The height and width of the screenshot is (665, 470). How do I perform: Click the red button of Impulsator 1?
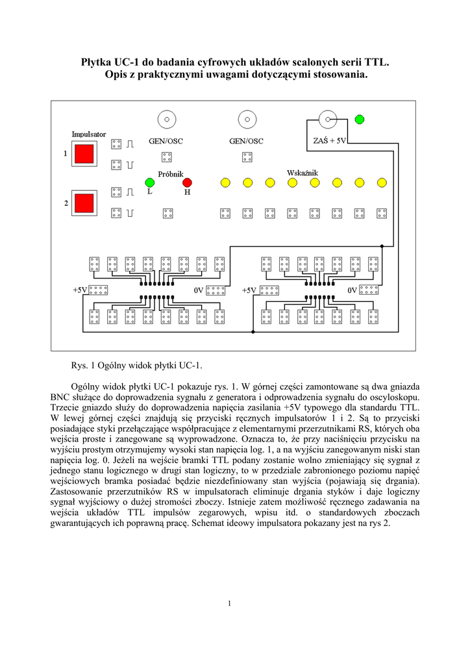pos(84,154)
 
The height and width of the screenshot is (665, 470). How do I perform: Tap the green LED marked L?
pos(149,182)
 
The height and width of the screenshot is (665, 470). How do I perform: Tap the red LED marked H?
pos(187,182)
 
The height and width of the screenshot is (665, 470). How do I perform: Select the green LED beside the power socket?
pos(359,119)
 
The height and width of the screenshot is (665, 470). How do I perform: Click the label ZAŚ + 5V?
pos(330,140)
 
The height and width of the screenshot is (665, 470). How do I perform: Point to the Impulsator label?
pos(89,134)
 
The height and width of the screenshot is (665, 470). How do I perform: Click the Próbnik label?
pos(171,173)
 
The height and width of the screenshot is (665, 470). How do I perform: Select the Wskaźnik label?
pos(302,173)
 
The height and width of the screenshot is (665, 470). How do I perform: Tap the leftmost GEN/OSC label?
pos(166,140)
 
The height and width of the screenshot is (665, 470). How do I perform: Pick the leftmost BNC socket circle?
pos(167,119)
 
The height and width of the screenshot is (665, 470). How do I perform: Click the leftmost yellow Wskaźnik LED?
pos(225,182)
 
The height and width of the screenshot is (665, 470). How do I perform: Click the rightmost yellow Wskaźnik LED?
pos(382,182)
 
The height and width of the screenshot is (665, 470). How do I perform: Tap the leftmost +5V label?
pos(80,290)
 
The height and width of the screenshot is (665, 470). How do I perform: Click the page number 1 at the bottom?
pos(230,604)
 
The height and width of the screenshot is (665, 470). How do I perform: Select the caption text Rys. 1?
pos(81,366)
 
